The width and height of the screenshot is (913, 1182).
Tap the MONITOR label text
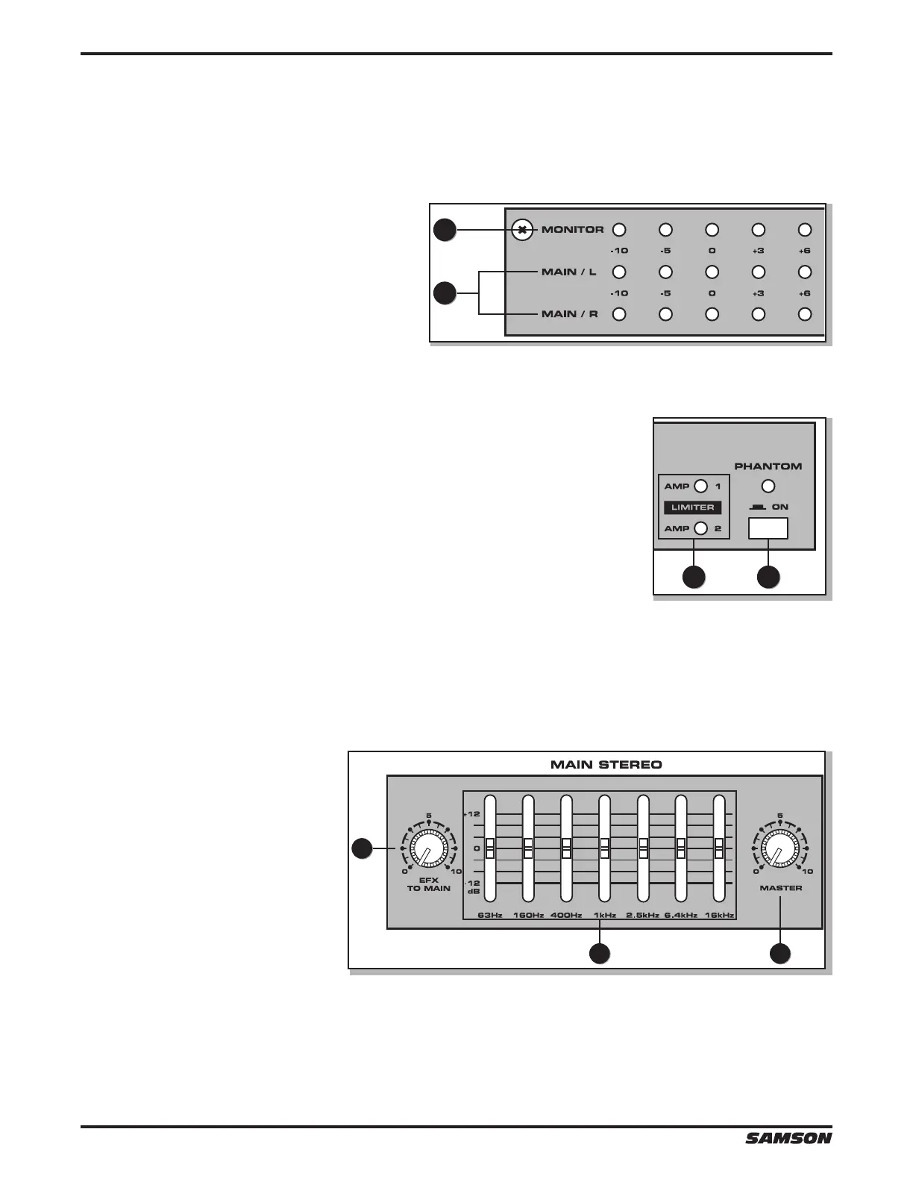572,230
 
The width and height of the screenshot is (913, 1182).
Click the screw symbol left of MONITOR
524,230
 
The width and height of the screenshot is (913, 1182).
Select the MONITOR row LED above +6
804,230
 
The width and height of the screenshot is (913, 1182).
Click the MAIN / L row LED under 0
712,272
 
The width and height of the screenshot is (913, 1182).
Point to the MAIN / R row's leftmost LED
619,314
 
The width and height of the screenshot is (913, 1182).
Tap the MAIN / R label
569,314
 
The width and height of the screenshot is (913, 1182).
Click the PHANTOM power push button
768,528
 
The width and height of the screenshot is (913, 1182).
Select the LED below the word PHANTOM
768,487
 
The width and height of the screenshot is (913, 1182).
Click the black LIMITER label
693,507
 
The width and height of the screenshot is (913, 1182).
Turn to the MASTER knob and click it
780,848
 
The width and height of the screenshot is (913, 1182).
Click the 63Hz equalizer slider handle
490,848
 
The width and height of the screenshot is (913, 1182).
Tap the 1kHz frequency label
604,915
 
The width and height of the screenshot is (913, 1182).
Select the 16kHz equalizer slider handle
719,848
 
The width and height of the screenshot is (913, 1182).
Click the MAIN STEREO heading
606,764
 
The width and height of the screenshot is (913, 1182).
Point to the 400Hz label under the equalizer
566,915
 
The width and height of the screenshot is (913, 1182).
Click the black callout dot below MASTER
780,954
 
